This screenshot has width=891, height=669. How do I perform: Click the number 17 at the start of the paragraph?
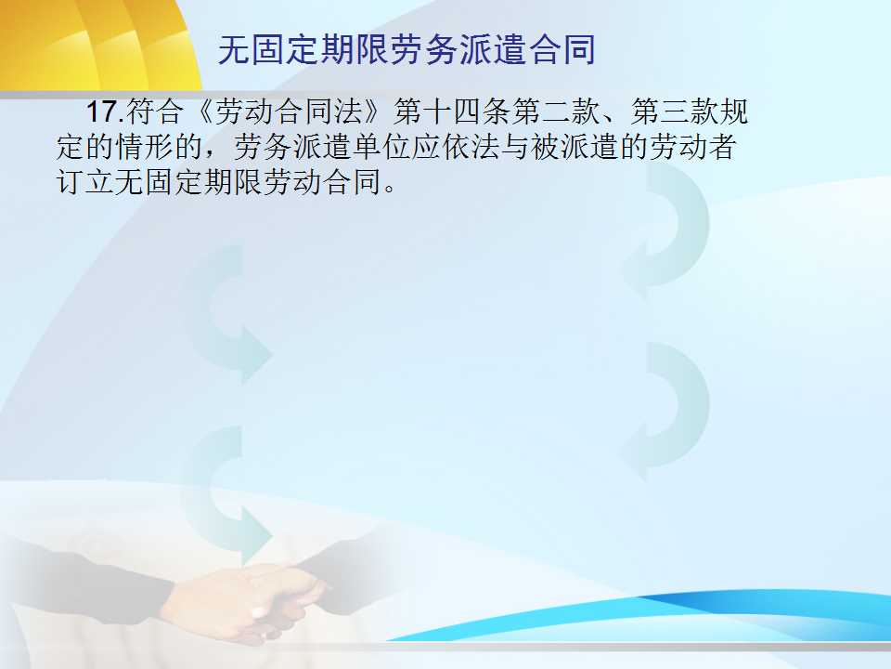[101, 111]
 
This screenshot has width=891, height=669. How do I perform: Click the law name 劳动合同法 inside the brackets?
[289, 111]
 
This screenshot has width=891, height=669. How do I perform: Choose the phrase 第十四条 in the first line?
[452, 111]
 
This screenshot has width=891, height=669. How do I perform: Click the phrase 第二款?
[556, 111]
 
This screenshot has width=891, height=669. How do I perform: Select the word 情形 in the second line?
[145, 147]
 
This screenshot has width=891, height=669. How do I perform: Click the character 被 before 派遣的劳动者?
[545, 147]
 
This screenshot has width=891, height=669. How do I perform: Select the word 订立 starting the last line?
[85, 182]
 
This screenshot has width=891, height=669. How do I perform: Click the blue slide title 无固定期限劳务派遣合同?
[407, 50]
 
